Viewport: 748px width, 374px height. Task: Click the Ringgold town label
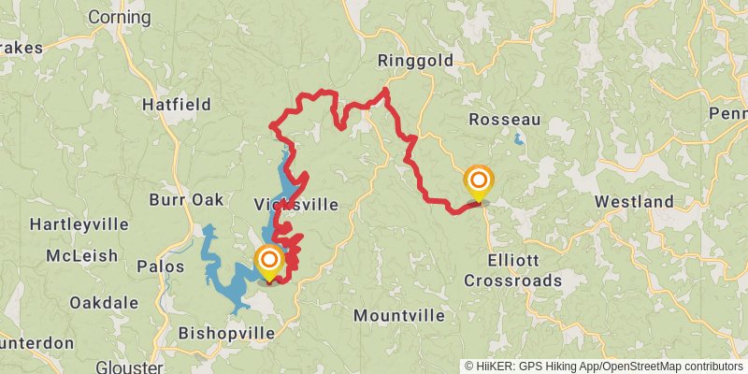[x=415, y=61]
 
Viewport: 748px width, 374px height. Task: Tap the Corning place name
[x=119, y=17]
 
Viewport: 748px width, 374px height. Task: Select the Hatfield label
[x=177, y=105]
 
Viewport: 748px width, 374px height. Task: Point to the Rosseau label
[x=505, y=120]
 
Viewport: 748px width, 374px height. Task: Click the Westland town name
[x=634, y=202]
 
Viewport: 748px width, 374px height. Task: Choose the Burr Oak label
[x=186, y=200]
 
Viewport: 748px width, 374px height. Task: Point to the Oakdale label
[x=104, y=302]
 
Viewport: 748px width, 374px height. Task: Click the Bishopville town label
[x=226, y=333]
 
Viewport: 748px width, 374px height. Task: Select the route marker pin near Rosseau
[x=479, y=180]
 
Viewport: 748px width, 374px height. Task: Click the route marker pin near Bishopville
[x=269, y=261]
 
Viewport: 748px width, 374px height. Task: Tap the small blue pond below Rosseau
[x=518, y=140]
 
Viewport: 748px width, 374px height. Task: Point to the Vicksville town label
[x=295, y=204]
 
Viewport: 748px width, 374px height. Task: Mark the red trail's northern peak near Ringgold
[x=385, y=90]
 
